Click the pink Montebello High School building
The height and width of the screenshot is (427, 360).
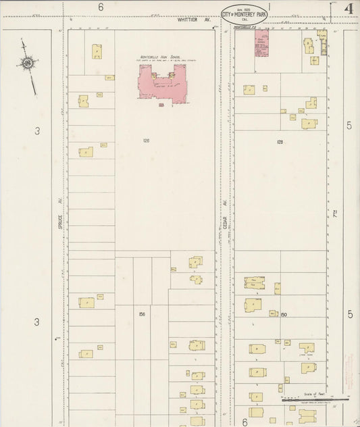pos(162,84)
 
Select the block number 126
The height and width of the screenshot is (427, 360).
pos(146,141)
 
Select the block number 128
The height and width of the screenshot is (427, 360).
pos(280,142)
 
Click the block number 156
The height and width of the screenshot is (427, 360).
pos(142,314)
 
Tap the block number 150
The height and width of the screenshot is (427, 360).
pos(284,314)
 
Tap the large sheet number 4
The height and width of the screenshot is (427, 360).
pos(349,8)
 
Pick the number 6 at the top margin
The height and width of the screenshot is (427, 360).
pos(101,7)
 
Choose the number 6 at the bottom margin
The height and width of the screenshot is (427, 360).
pos(245,421)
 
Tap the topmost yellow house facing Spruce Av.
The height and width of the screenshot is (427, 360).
pos(97,51)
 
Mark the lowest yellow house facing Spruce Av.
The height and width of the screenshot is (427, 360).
pos(86,353)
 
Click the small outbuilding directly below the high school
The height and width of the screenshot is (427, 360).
pos(161,105)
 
